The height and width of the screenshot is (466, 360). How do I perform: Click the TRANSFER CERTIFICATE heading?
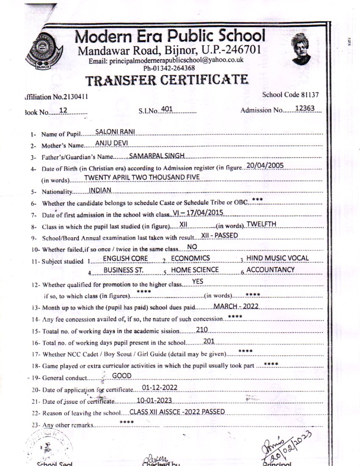[x=167, y=80]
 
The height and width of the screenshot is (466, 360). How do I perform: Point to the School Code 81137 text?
[x=291, y=95]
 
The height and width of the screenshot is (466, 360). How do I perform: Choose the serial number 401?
[x=167, y=109]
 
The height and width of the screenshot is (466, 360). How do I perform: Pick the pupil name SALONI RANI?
[x=112, y=132]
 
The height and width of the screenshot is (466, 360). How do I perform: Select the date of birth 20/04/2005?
[x=265, y=166]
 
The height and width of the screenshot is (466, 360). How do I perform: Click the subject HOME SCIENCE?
[x=195, y=269]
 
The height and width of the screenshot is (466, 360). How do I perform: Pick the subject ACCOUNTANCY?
[x=270, y=269]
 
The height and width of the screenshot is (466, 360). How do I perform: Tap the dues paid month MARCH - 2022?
[x=236, y=306]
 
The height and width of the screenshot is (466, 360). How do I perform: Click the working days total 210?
[x=202, y=329]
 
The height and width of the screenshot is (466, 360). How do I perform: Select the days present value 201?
[x=209, y=341]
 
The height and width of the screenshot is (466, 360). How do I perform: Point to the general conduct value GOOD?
[x=122, y=376]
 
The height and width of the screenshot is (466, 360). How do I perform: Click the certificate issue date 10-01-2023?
[x=155, y=400]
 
